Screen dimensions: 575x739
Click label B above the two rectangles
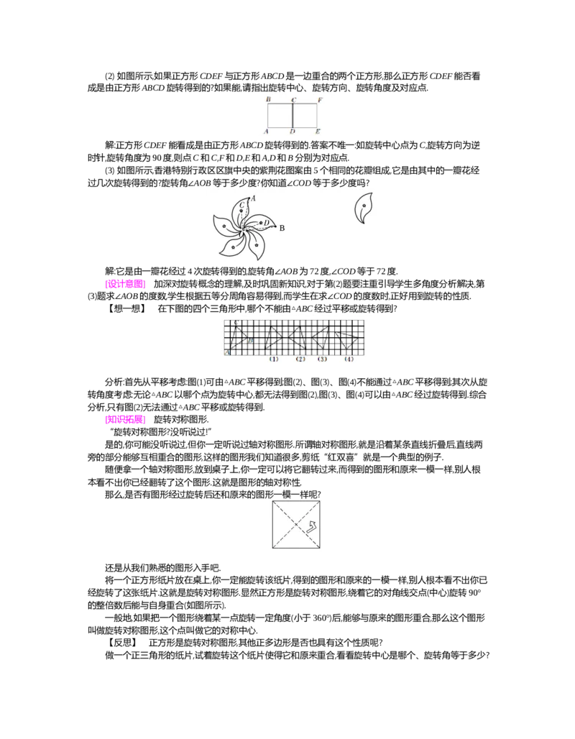pyautogui.click(x=268, y=99)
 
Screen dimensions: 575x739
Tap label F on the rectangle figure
pyautogui.click(x=319, y=99)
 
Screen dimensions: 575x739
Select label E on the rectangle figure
pyautogui.click(x=318, y=132)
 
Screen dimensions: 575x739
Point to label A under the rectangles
pyautogui.click(x=266, y=132)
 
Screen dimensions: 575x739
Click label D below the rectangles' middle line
pyautogui.click(x=292, y=132)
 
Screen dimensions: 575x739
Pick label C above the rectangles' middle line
pyautogui.click(x=294, y=100)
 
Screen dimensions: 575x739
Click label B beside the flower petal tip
pyautogui.click(x=282, y=228)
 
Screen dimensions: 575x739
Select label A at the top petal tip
pyautogui.click(x=253, y=198)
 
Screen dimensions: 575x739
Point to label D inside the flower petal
pyautogui.click(x=267, y=223)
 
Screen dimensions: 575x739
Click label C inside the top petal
pyautogui.click(x=242, y=206)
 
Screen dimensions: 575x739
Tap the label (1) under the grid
pyautogui.click(x=274, y=359)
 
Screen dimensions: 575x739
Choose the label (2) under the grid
pyautogui.click(x=300, y=359)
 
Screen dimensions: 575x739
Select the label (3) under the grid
pyautogui.click(x=322, y=359)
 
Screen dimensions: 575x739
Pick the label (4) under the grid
pyautogui.click(x=349, y=359)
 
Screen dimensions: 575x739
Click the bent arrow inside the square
pyautogui.click(x=312, y=528)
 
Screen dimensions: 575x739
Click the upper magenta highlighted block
pyautogui.click(x=126, y=284)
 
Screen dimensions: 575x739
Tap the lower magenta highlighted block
pyautogui.click(x=126, y=420)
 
